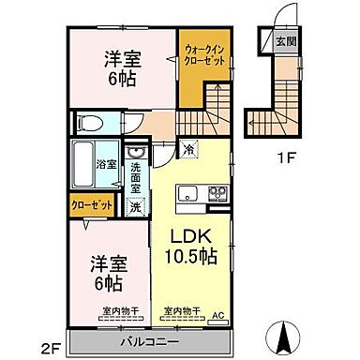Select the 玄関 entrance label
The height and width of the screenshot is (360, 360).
tap(282, 40)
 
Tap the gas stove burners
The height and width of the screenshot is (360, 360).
tap(217, 195)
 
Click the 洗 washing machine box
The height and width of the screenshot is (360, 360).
tap(137, 207)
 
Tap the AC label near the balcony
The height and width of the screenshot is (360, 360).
tap(219, 316)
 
